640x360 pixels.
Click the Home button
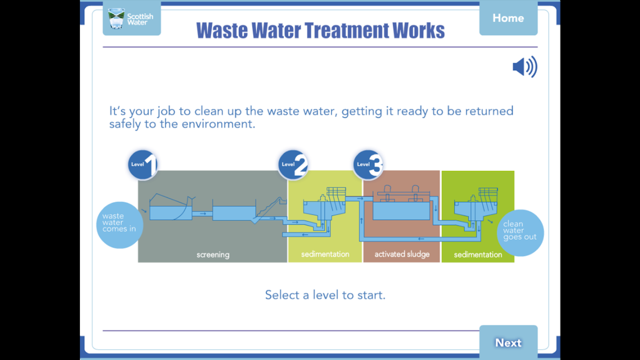[x=508, y=18]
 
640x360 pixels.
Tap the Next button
[x=508, y=342]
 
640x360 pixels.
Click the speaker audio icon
[x=525, y=67]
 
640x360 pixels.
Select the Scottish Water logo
[x=132, y=19]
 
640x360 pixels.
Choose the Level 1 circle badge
[x=143, y=164]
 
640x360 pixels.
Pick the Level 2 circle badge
[x=293, y=164]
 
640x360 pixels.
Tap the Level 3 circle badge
[x=368, y=164]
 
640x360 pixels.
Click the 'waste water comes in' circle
[x=120, y=225]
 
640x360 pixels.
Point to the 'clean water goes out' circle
[x=520, y=233]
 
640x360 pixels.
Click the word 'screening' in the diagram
[x=213, y=255]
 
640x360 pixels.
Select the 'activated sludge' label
[x=402, y=254]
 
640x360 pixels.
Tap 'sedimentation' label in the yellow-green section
[x=325, y=254]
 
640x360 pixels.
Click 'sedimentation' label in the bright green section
[x=478, y=255]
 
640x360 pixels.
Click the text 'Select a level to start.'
[x=325, y=295]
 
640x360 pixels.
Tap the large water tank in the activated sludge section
[x=401, y=211]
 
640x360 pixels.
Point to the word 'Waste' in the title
[x=222, y=30]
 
